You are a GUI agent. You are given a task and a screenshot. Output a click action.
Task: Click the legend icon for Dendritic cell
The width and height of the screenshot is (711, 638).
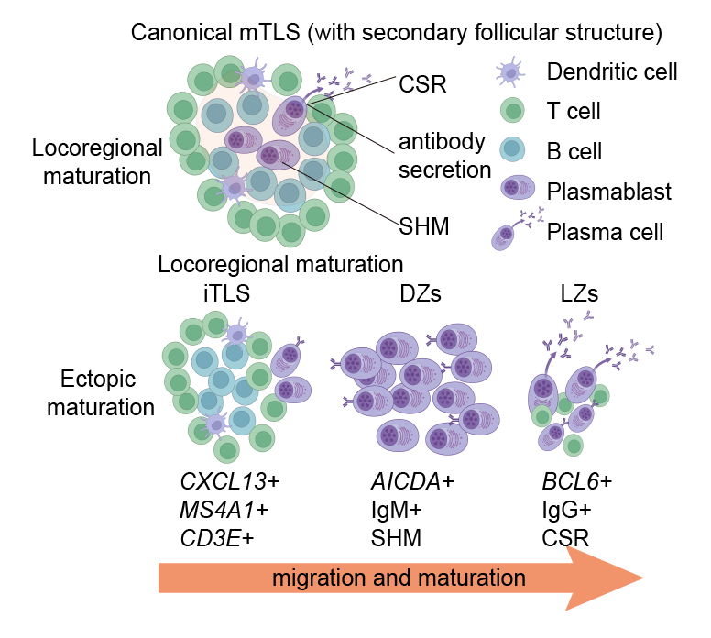click(511, 71)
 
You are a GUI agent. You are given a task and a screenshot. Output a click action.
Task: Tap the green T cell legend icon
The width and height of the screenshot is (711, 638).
click(512, 110)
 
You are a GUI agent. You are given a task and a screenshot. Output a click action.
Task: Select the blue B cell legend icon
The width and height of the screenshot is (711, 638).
click(512, 149)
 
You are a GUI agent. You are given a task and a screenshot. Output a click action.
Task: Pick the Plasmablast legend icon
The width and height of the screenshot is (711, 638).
click(518, 187)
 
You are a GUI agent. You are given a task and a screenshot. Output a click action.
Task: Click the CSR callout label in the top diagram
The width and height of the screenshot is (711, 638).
click(422, 84)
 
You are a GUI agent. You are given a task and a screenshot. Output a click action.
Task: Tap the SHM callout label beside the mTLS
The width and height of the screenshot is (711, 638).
click(424, 226)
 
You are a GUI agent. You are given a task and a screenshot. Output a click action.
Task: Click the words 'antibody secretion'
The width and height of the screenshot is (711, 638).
click(444, 156)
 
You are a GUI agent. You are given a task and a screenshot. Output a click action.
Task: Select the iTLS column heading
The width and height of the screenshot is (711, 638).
click(226, 293)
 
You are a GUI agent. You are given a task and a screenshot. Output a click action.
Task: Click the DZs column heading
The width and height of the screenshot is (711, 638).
click(421, 294)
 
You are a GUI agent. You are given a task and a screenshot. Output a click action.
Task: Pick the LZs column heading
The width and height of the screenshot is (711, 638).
click(579, 294)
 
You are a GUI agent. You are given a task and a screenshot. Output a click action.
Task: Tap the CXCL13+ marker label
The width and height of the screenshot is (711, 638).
click(229, 481)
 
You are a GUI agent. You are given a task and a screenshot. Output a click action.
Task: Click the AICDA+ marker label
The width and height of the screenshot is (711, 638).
click(412, 481)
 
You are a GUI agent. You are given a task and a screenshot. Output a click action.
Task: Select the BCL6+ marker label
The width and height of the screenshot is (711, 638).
click(577, 481)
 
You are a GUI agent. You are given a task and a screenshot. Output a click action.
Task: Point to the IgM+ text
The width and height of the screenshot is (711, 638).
click(397, 510)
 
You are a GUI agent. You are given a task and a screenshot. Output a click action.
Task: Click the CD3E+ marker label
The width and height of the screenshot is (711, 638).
click(217, 539)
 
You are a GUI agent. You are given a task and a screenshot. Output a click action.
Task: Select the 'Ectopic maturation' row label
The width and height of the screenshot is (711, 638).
click(100, 393)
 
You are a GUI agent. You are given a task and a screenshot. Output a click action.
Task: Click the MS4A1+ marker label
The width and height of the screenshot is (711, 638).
click(224, 510)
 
